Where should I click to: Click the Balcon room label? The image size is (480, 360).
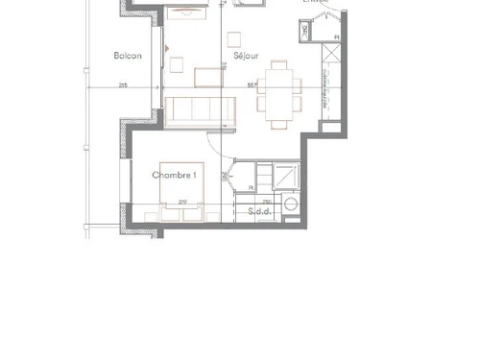click(x=128, y=56)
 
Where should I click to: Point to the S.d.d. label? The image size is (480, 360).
click(x=258, y=211)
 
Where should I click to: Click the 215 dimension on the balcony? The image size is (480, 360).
click(x=123, y=86)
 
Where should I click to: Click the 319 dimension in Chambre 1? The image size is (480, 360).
click(x=180, y=201)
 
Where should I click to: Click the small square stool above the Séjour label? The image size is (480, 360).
click(x=233, y=39)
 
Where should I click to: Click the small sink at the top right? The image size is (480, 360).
click(x=305, y=32)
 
